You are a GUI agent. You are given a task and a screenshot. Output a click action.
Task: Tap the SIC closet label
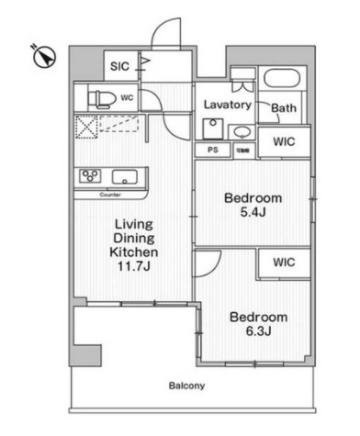pos(119,66)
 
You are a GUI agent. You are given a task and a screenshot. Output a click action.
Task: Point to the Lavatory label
pos(228,106)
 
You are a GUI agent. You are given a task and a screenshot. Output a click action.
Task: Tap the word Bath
pos(283,109)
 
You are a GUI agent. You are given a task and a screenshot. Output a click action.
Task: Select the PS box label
pos(211,148)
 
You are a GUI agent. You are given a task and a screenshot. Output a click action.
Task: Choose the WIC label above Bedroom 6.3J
pos(283,262)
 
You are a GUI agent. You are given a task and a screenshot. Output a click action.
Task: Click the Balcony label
pos(186,386)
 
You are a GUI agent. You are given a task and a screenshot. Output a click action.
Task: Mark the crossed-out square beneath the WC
pos(88,129)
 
